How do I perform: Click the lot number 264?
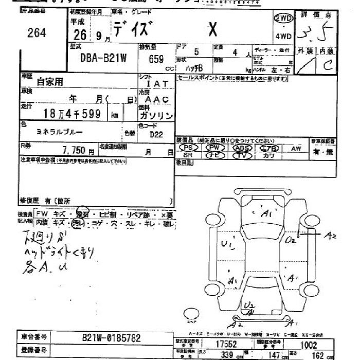tap(37, 33)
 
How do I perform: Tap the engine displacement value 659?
tap(156, 59)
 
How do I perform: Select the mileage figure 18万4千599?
tap(72, 114)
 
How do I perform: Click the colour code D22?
tap(156, 135)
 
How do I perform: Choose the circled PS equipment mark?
tap(188, 148)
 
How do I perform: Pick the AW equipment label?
tap(296, 148)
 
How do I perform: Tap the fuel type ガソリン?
tap(156, 116)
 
